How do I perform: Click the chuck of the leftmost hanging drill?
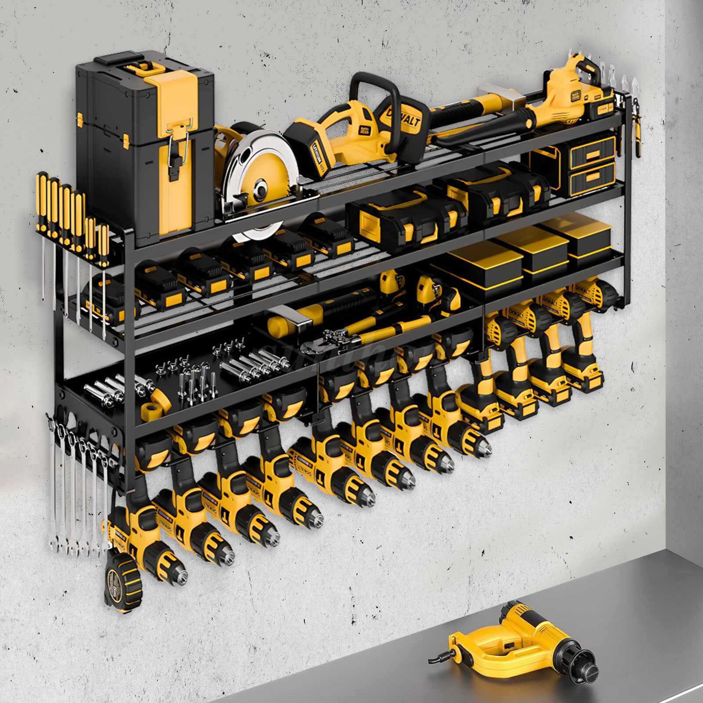click(176, 571)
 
